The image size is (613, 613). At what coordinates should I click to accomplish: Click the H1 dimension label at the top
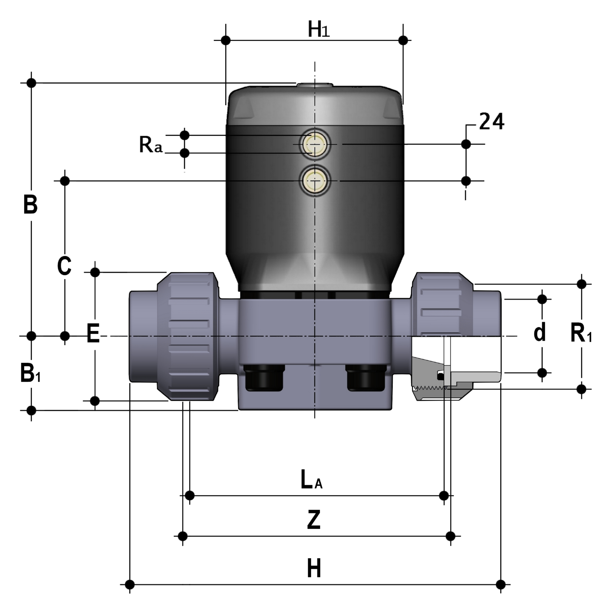click(318, 30)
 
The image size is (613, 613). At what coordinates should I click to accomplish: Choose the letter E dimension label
click(93, 333)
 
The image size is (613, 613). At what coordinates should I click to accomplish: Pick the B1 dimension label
click(30, 373)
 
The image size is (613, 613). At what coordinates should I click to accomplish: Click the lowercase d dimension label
click(539, 332)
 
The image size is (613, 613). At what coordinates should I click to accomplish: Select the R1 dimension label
click(580, 333)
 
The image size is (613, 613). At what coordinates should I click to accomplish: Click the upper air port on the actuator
click(314, 144)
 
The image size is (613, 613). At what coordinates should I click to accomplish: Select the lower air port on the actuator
click(314, 181)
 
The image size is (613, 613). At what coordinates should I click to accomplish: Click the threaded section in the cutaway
click(430, 387)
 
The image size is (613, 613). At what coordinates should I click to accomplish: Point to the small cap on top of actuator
click(314, 85)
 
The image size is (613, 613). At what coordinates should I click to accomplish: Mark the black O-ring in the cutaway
click(440, 377)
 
